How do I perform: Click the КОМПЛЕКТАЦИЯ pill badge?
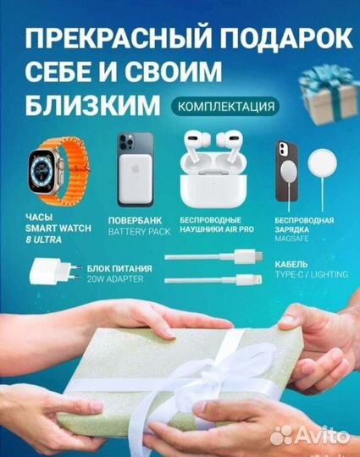224,107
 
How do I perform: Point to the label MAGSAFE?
292,236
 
